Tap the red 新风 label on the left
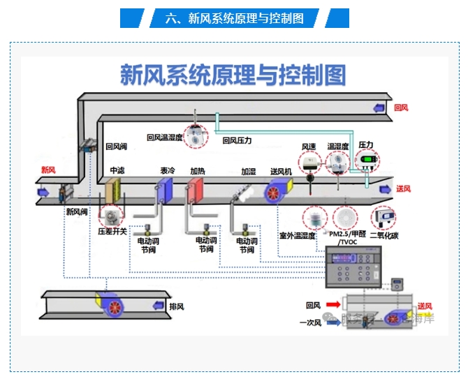coord(48,170)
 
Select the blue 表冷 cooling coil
coord(164,189)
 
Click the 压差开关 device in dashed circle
coord(110,214)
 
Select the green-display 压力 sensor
coord(367,162)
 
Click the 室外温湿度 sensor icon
coord(315,218)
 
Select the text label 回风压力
coord(237,140)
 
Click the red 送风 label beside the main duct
coord(403,188)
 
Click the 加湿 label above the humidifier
coord(249,170)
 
